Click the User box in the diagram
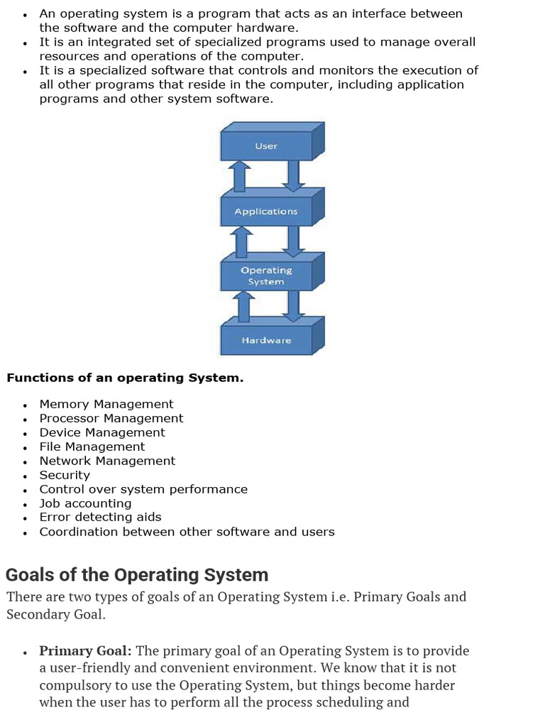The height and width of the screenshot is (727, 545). coord(266,146)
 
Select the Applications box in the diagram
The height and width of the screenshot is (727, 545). coord(266,212)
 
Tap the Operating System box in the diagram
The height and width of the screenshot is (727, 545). coord(266,276)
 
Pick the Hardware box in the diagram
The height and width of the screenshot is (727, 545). coord(266,340)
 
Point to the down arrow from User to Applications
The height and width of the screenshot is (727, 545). coord(293,175)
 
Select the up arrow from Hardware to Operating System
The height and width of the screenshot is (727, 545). coord(243,306)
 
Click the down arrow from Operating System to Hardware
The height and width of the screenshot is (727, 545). coord(293,306)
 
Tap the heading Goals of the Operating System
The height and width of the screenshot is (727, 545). coord(137,574)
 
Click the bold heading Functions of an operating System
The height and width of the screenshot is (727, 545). coord(125,378)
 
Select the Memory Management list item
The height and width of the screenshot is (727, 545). coord(106,404)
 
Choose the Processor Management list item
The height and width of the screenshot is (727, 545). coord(111,418)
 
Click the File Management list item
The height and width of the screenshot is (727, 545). coord(92,447)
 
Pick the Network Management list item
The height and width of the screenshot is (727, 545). coord(107,461)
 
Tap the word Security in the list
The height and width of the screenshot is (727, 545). coord(65,475)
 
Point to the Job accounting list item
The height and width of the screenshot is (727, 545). coord(86,503)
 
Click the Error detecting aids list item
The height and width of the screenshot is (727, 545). coord(100,517)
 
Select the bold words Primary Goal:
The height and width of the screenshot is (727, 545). coord(85,651)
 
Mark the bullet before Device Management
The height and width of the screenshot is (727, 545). coord(25,434)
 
